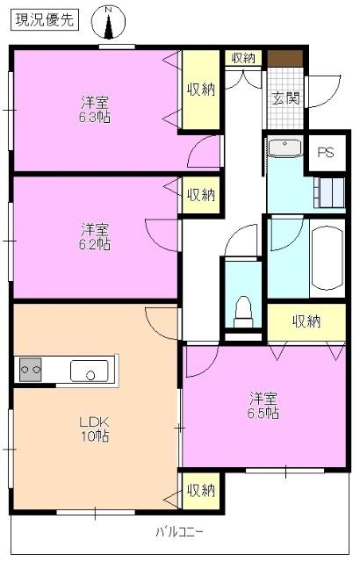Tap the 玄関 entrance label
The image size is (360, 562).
click(x=284, y=97)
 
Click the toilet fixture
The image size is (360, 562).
click(x=245, y=308)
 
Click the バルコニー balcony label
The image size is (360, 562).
click(x=179, y=531)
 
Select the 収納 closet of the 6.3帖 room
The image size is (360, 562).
click(x=200, y=89)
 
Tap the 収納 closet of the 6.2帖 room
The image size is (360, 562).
click(x=200, y=194)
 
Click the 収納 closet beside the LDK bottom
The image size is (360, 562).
click(x=200, y=489)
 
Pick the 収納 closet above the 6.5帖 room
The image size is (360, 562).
click(x=306, y=321)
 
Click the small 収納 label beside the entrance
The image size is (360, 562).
click(x=243, y=58)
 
